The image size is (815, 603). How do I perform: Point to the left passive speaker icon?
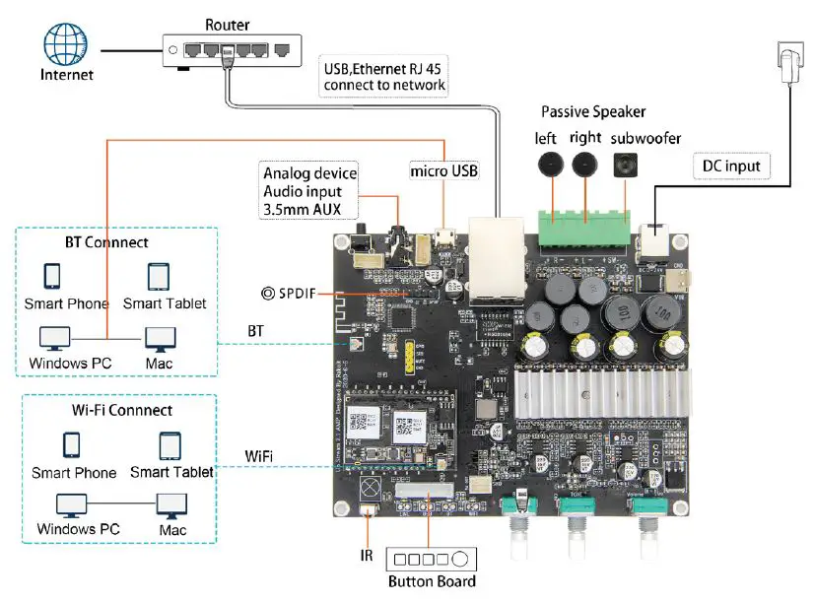[548, 164]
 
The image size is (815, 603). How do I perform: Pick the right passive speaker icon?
[585, 164]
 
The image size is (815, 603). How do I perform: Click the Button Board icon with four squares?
[432, 558]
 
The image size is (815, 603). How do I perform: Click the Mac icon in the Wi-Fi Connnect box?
[172, 505]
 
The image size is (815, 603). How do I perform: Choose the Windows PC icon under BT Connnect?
[55, 340]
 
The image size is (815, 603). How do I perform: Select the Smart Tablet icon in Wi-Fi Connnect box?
[170, 444]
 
